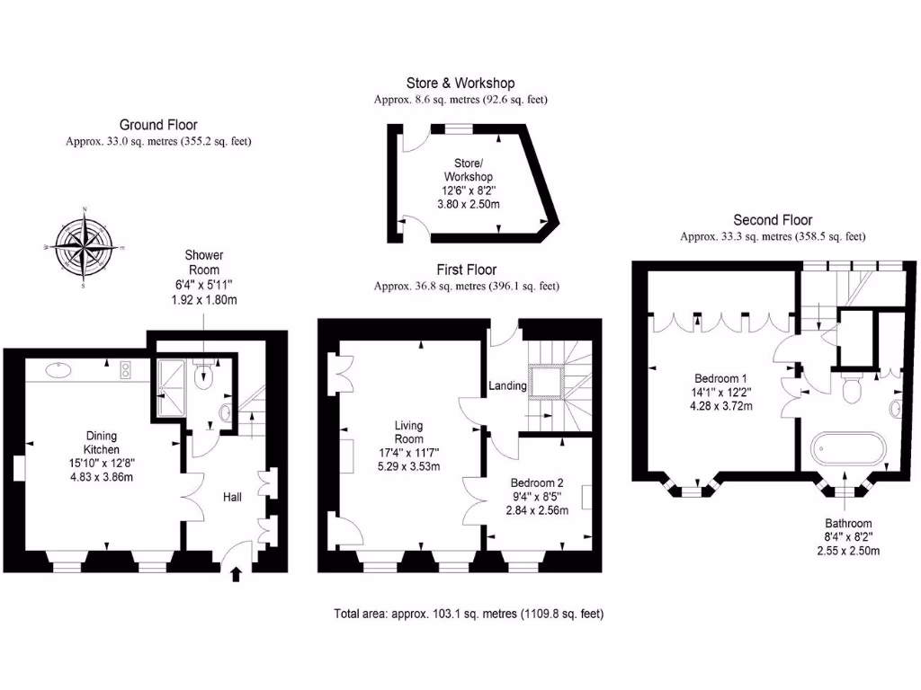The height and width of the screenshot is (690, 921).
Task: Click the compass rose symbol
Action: coord(84,247)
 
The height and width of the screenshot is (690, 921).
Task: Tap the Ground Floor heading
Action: coord(158,125)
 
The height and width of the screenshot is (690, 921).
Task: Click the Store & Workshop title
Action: coord(460,84)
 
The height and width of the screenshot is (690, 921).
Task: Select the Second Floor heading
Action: coord(773,220)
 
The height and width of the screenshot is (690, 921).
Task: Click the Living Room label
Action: coord(408,432)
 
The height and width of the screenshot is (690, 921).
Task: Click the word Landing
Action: coord(507,385)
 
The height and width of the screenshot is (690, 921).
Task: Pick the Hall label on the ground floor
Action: coord(236,495)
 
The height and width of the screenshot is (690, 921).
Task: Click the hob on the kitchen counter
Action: coord(125,368)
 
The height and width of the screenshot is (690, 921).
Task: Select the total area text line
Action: coord(469,615)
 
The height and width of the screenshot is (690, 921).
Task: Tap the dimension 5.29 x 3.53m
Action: coord(408,467)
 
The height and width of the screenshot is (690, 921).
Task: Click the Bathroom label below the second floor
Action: coord(847,523)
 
